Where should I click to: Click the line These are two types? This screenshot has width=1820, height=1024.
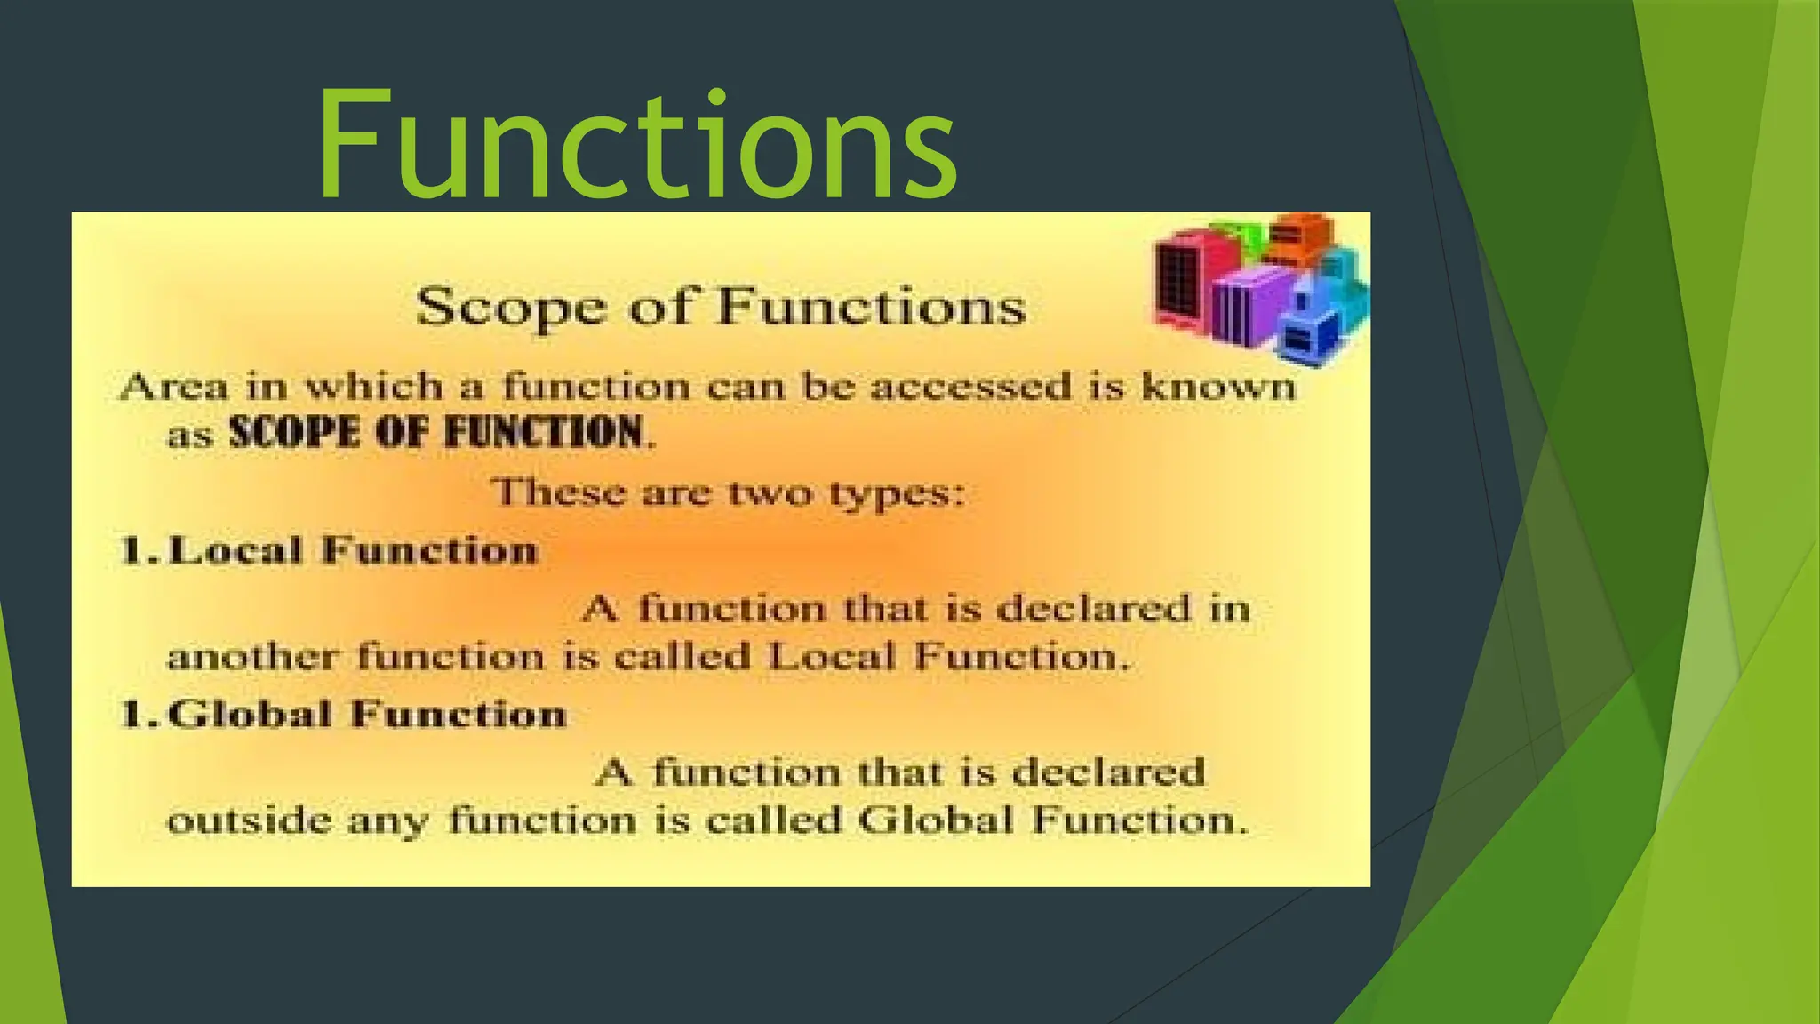[727, 492]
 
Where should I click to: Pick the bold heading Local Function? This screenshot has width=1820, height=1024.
[353, 550]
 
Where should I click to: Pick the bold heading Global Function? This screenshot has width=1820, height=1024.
[366, 715]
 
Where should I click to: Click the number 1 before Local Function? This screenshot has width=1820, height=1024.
[134, 551]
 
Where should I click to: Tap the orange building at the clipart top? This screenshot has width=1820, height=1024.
[1300, 238]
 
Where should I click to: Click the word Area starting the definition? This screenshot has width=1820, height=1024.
[173, 388]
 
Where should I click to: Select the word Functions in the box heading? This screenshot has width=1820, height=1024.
[871, 308]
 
